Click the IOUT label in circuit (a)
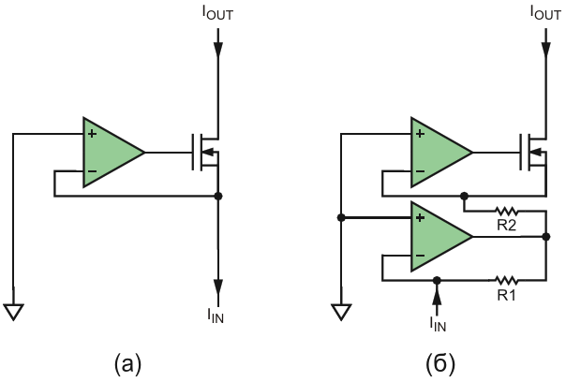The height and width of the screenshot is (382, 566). pos(217,13)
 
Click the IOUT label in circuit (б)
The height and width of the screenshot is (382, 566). pos(545,13)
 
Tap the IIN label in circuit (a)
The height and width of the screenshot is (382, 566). pos(216,316)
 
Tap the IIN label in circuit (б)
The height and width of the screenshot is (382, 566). pos(438,324)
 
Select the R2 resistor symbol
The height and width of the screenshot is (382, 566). pos(507,212)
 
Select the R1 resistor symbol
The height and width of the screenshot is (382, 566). pos(507,280)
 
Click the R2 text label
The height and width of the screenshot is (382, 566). pos(507,226)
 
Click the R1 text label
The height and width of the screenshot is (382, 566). pos(506,296)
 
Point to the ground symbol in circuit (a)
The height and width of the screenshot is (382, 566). pos(13,312)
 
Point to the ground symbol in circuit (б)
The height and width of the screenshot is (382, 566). pos(341,312)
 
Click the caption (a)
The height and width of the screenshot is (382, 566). pos(127,364)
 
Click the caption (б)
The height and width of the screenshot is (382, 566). pos(440,364)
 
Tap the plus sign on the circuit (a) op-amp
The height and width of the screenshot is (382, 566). pos(93,134)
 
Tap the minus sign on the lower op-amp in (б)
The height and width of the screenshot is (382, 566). pos(420,256)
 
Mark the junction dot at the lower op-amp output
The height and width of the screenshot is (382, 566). pos(546,237)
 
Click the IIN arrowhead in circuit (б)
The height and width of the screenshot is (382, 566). pos(437,297)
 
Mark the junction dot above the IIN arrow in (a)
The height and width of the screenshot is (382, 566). pos(218,196)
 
